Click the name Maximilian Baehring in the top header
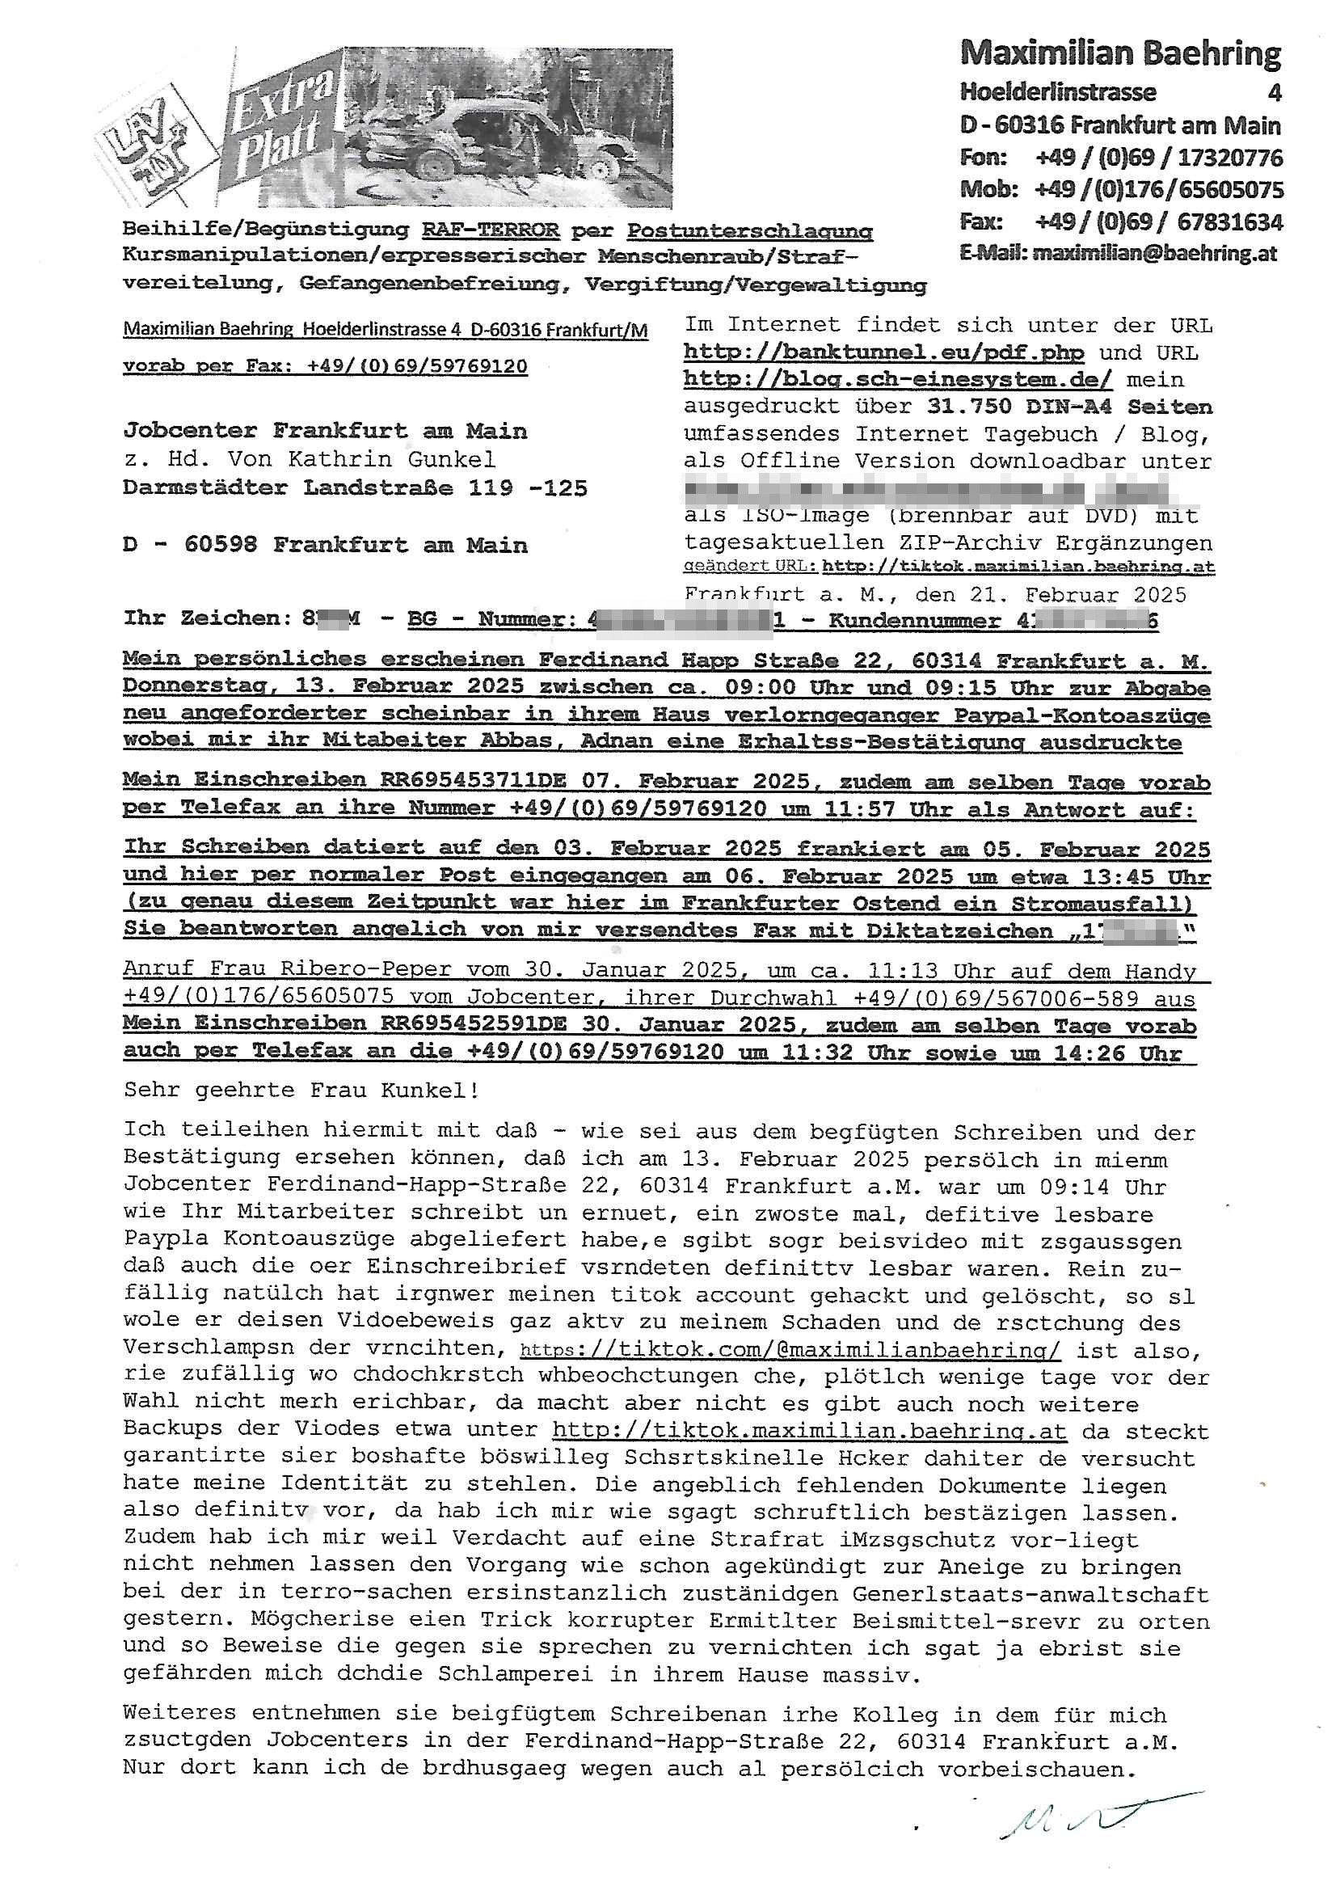[1119, 53]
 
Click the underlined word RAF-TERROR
[491, 230]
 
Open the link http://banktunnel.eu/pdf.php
[883, 352]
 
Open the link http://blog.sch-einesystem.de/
[897, 379]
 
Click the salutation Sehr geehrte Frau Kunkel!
[301, 1090]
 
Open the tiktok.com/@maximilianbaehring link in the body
[790, 1351]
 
